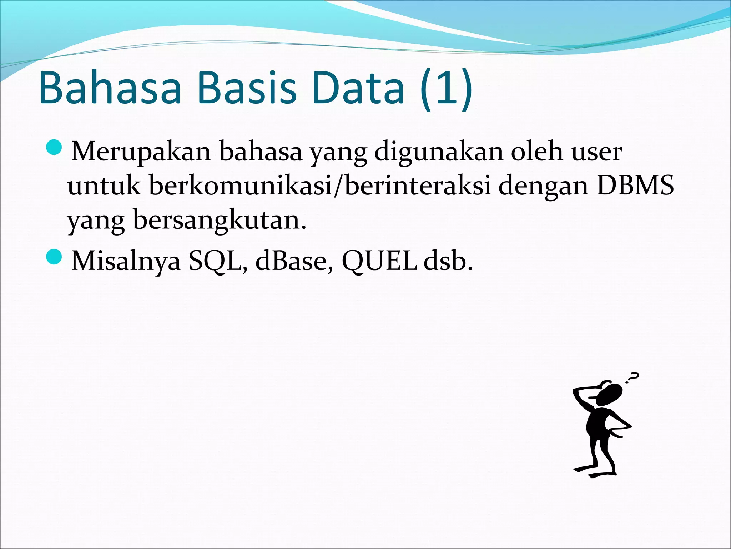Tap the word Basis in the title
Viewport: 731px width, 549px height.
click(246, 88)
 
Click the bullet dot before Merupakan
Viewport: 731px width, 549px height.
click(54, 148)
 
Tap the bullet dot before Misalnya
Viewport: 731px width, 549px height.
click(54, 257)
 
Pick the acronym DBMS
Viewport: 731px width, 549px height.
click(635, 186)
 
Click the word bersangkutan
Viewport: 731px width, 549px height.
click(219, 220)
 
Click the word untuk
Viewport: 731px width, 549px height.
click(104, 186)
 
